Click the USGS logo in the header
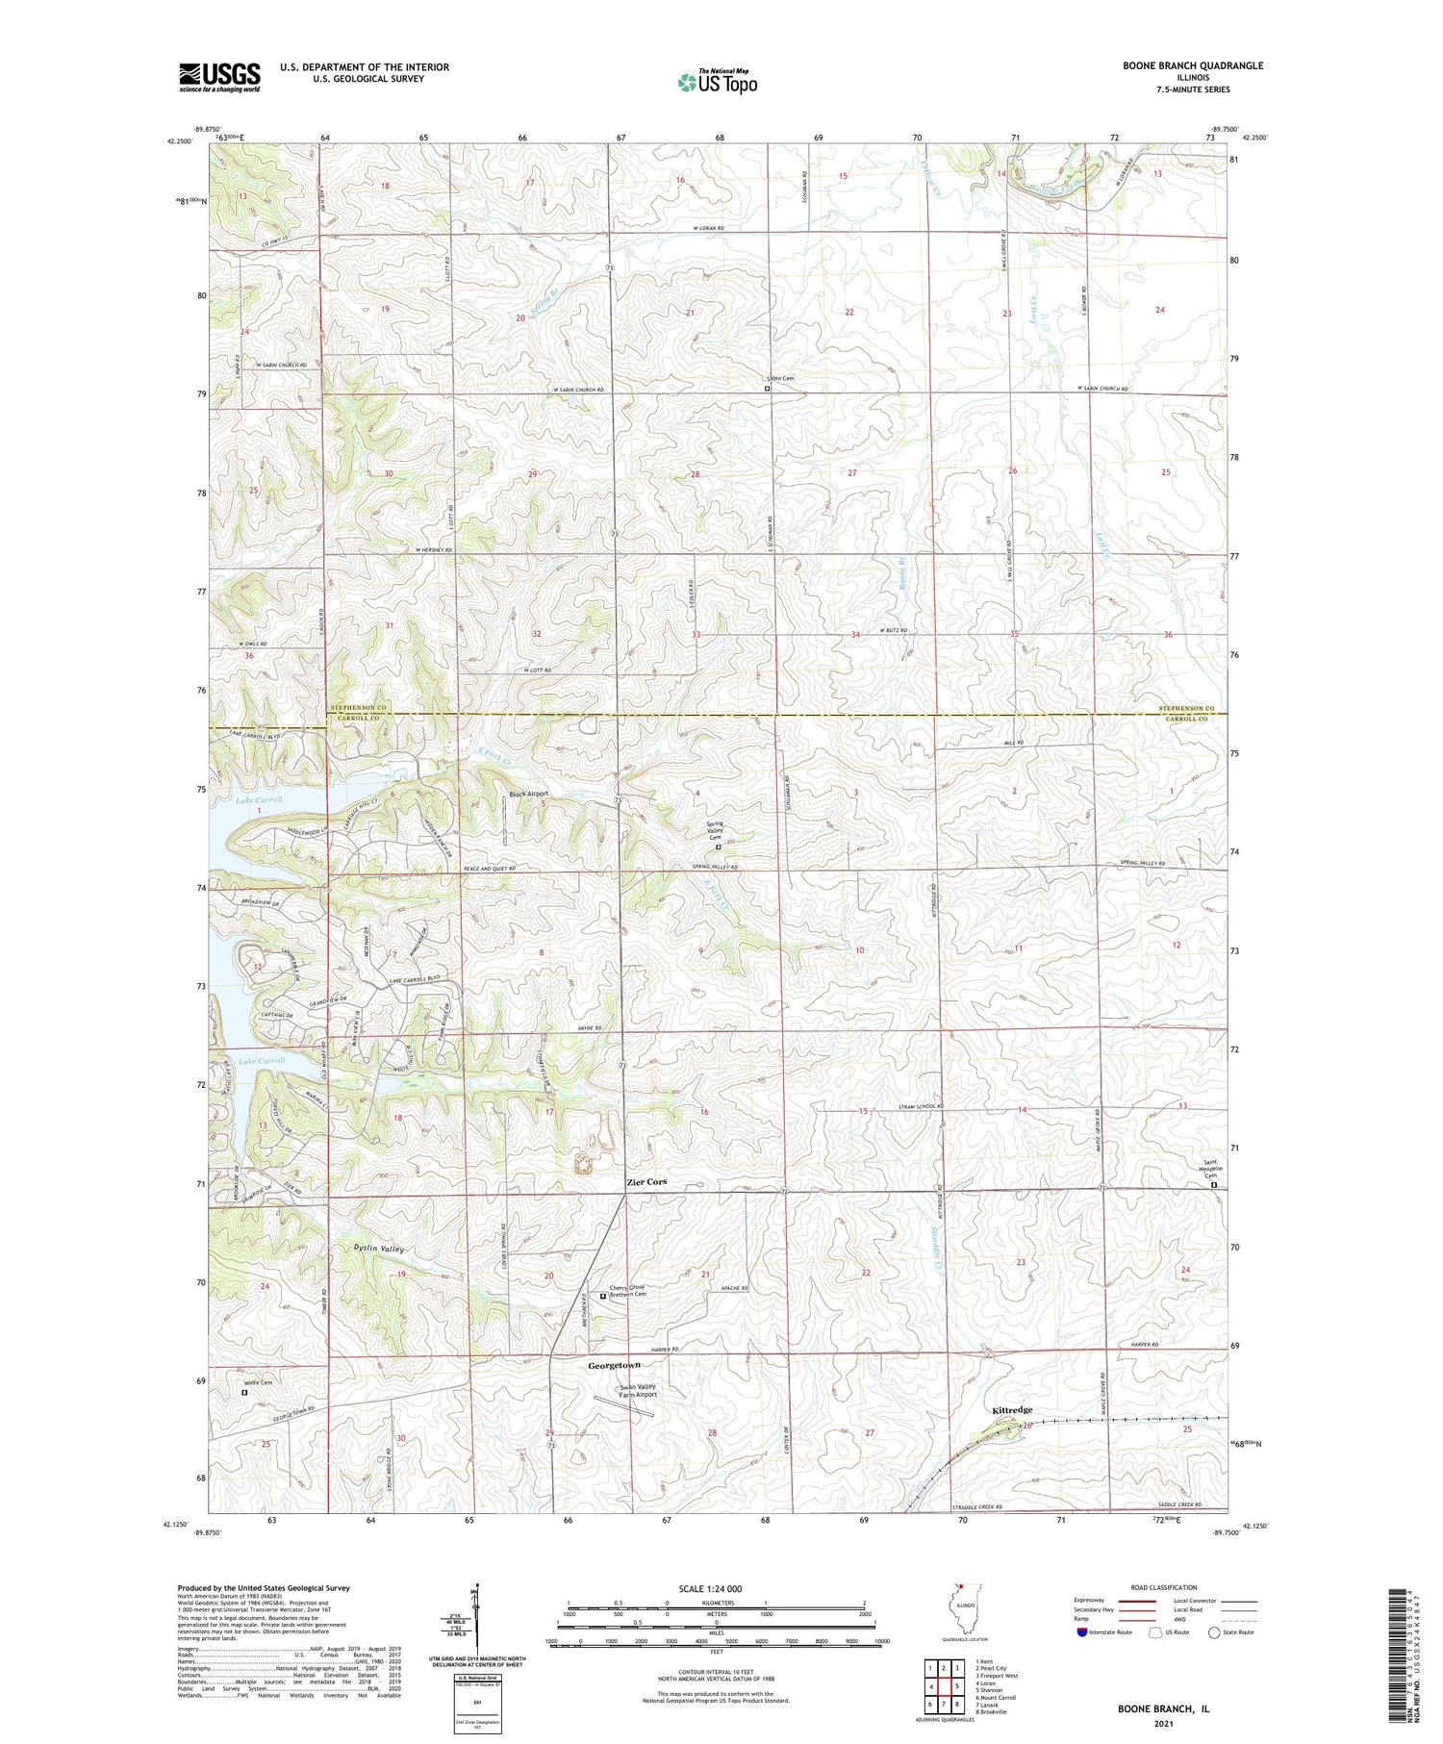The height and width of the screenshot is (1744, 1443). pos(219,77)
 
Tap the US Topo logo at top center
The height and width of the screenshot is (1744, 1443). pos(717,82)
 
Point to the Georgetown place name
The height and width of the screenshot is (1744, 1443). pos(614,1365)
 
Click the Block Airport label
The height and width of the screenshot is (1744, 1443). pos(528,794)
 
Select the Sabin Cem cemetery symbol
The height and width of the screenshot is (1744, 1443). pos(767,390)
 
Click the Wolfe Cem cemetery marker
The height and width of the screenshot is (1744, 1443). pos(243,1391)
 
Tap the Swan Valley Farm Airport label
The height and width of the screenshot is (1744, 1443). pos(638,1390)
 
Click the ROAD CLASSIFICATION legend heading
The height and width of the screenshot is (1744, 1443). pos(1164,1587)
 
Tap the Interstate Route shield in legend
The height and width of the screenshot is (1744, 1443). pos(1082,1632)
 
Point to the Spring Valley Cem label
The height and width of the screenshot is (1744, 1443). pos(715,831)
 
